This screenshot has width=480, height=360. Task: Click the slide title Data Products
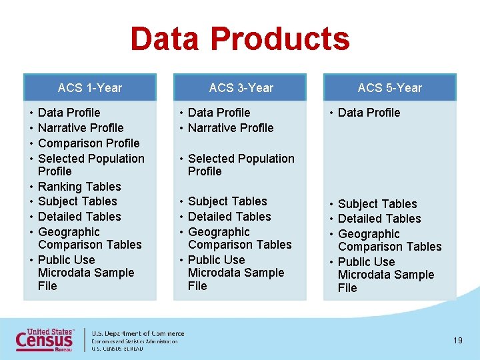point(240,39)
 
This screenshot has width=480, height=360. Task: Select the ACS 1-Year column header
point(90,87)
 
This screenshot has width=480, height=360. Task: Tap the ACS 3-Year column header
point(241,87)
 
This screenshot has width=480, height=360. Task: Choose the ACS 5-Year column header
point(390,87)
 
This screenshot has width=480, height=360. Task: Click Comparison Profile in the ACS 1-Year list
point(89,143)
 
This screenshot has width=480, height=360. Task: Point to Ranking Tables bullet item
point(79,187)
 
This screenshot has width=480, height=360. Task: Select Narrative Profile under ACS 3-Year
point(231,128)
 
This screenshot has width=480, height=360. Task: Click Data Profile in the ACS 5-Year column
point(369,113)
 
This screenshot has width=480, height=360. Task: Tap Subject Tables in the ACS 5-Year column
point(377,204)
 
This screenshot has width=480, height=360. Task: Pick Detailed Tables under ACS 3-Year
point(229,217)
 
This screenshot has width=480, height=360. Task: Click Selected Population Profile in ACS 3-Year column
point(241,165)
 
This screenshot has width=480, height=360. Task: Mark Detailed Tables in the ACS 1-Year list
point(79,217)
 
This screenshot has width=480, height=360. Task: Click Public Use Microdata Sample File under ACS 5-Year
point(385,275)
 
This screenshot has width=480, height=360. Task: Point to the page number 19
point(457,341)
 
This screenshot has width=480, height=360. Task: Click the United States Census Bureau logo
point(45,339)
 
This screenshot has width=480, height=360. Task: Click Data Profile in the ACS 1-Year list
point(69,113)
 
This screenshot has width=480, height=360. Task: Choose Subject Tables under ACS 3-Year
point(227,201)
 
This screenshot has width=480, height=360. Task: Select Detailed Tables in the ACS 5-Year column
point(379,219)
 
